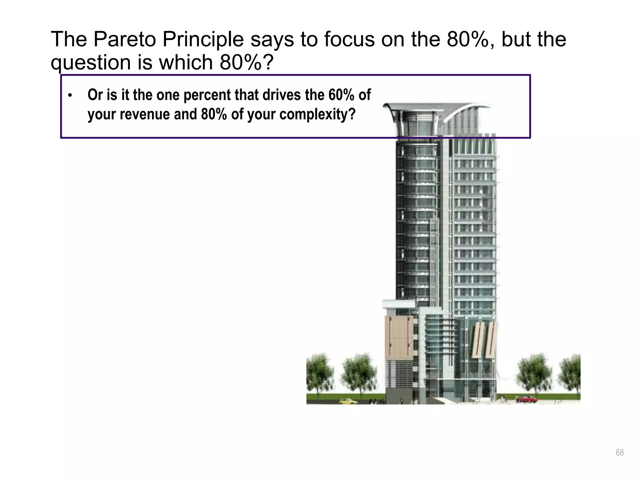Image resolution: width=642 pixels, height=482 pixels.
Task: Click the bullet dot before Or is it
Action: [x=70, y=95]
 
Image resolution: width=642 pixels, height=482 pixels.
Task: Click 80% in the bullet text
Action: [x=214, y=114]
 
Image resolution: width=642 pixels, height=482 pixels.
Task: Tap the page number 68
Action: [x=619, y=453]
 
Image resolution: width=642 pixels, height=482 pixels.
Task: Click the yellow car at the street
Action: [x=348, y=401]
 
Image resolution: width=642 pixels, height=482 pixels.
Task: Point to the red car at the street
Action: [x=527, y=399]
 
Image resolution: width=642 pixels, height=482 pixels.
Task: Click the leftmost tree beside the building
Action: [x=319, y=373]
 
